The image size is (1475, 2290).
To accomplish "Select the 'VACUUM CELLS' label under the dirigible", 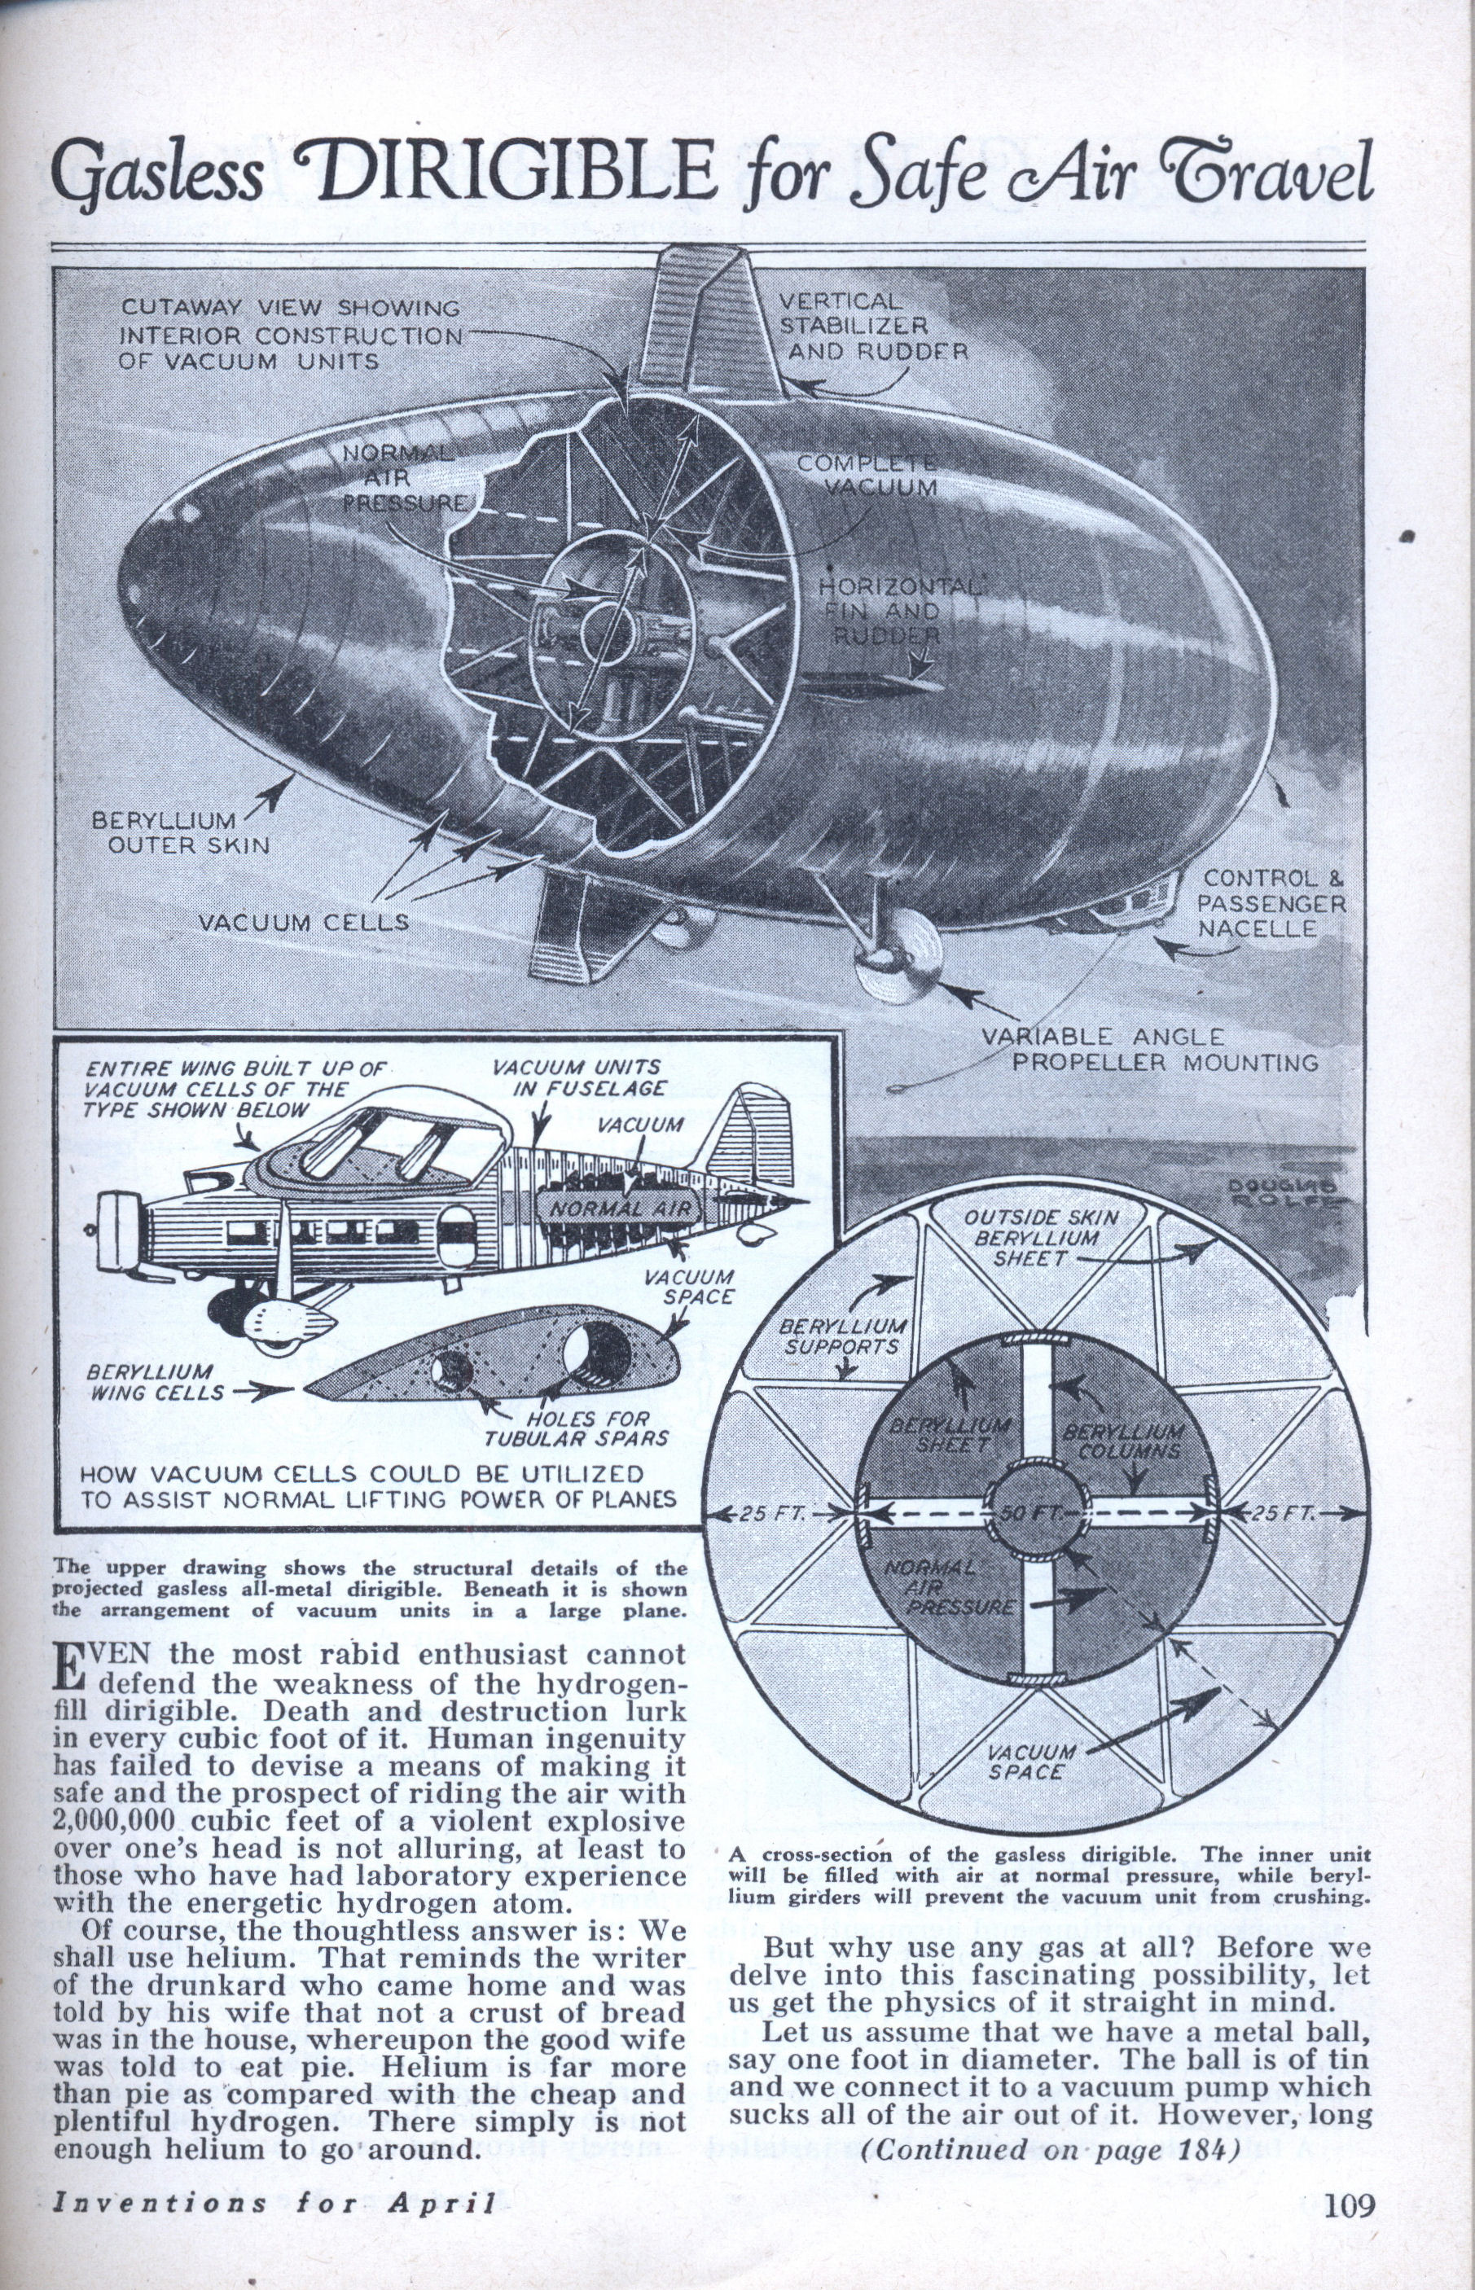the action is coord(305,923).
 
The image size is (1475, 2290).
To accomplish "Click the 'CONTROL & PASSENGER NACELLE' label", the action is coord(1272,903).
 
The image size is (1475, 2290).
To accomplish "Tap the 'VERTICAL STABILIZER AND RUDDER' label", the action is coord(872,327).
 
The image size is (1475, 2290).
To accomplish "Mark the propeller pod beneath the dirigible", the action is coord(897,958).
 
